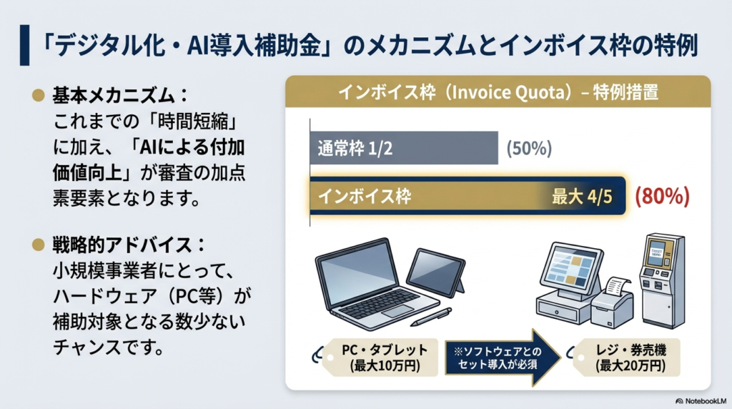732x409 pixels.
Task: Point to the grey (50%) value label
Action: [x=528, y=149]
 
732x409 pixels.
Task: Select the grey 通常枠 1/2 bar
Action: [x=403, y=149]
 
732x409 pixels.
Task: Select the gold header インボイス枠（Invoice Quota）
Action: [x=498, y=93]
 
